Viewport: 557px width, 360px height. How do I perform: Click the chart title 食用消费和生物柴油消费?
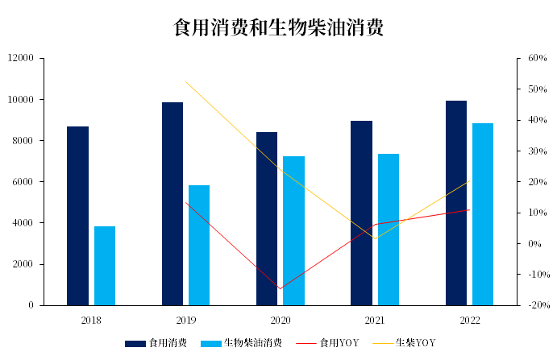[278, 28]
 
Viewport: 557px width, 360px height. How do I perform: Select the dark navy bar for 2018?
[77, 216]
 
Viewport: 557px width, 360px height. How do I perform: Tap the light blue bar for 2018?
[105, 266]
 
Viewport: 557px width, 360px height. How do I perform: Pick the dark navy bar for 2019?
[173, 204]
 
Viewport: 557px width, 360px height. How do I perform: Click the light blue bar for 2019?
[199, 246]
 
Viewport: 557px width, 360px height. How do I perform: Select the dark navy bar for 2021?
[361, 213]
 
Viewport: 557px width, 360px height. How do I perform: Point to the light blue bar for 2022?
[483, 214]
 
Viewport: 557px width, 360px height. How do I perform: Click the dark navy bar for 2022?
[455, 203]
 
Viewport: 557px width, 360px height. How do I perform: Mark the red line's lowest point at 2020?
[281, 288]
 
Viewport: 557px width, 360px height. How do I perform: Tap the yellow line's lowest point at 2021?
[375, 238]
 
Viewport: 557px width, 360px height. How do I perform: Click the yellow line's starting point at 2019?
[186, 82]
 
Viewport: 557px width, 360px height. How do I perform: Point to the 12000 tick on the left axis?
[21, 59]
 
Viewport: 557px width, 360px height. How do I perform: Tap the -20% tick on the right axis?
[536, 306]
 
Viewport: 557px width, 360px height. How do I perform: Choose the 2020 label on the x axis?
[281, 321]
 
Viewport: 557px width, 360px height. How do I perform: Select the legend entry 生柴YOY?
[415, 343]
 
